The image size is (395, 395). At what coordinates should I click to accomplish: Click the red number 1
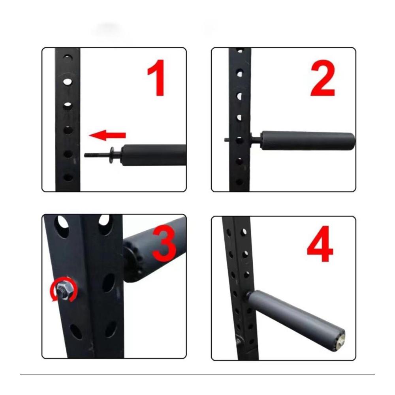[156, 78]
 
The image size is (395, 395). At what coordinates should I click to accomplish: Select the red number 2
[323, 78]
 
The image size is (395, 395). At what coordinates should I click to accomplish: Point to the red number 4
[320, 244]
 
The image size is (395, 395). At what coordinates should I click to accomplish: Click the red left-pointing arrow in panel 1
[107, 135]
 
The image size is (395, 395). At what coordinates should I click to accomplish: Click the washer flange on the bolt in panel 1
[112, 155]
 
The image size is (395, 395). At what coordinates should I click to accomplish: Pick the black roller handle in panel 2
[308, 140]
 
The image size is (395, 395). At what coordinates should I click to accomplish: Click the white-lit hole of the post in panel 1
[67, 82]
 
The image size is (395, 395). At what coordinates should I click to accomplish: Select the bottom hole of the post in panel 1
[68, 177]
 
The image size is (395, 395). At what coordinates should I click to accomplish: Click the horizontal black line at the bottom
[197, 375]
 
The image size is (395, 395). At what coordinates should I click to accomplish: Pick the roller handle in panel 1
[153, 155]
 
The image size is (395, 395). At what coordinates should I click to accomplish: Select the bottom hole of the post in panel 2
[239, 182]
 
